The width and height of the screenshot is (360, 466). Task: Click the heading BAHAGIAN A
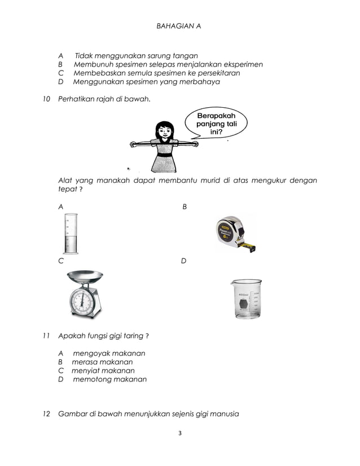click(x=178, y=26)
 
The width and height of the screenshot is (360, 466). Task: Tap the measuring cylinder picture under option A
click(x=71, y=234)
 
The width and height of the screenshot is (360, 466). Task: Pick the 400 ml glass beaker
click(x=246, y=298)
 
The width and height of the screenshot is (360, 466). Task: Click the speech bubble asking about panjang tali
click(x=216, y=122)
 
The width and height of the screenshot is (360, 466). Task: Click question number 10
click(x=47, y=99)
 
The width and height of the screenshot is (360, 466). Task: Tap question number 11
click(x=47, y=336)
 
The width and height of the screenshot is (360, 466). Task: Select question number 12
click(x=47, y=414)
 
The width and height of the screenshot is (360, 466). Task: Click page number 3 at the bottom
click(x=179, y=433)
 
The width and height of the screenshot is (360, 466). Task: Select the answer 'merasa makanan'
click(x=102, y=362)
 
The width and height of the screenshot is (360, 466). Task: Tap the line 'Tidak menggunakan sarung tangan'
click(x=136, y=56)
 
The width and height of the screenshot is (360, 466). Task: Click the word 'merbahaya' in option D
click(x=201, y=82)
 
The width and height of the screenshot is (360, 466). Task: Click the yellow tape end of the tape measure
click(x=248, y=247)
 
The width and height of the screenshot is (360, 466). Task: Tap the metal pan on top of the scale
click(x=85, y=276)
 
